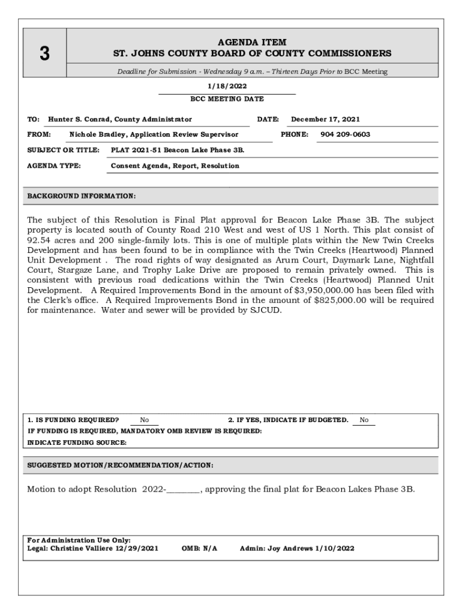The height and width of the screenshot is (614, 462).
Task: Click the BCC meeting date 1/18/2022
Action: point(227,86)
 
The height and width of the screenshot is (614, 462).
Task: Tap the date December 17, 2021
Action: point(325,119)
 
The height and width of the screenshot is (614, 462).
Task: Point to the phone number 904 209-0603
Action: point(345,134)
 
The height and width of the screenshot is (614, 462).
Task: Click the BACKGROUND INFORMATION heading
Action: point(82,196)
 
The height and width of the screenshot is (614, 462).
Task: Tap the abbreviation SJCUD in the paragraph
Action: point(265,311)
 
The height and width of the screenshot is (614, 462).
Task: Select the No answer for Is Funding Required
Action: point(145,420)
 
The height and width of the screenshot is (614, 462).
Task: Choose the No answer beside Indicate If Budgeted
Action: point(364,420)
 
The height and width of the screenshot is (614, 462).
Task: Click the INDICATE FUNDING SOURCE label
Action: point(77,443)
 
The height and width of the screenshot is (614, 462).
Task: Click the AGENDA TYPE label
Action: point(55,165)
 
